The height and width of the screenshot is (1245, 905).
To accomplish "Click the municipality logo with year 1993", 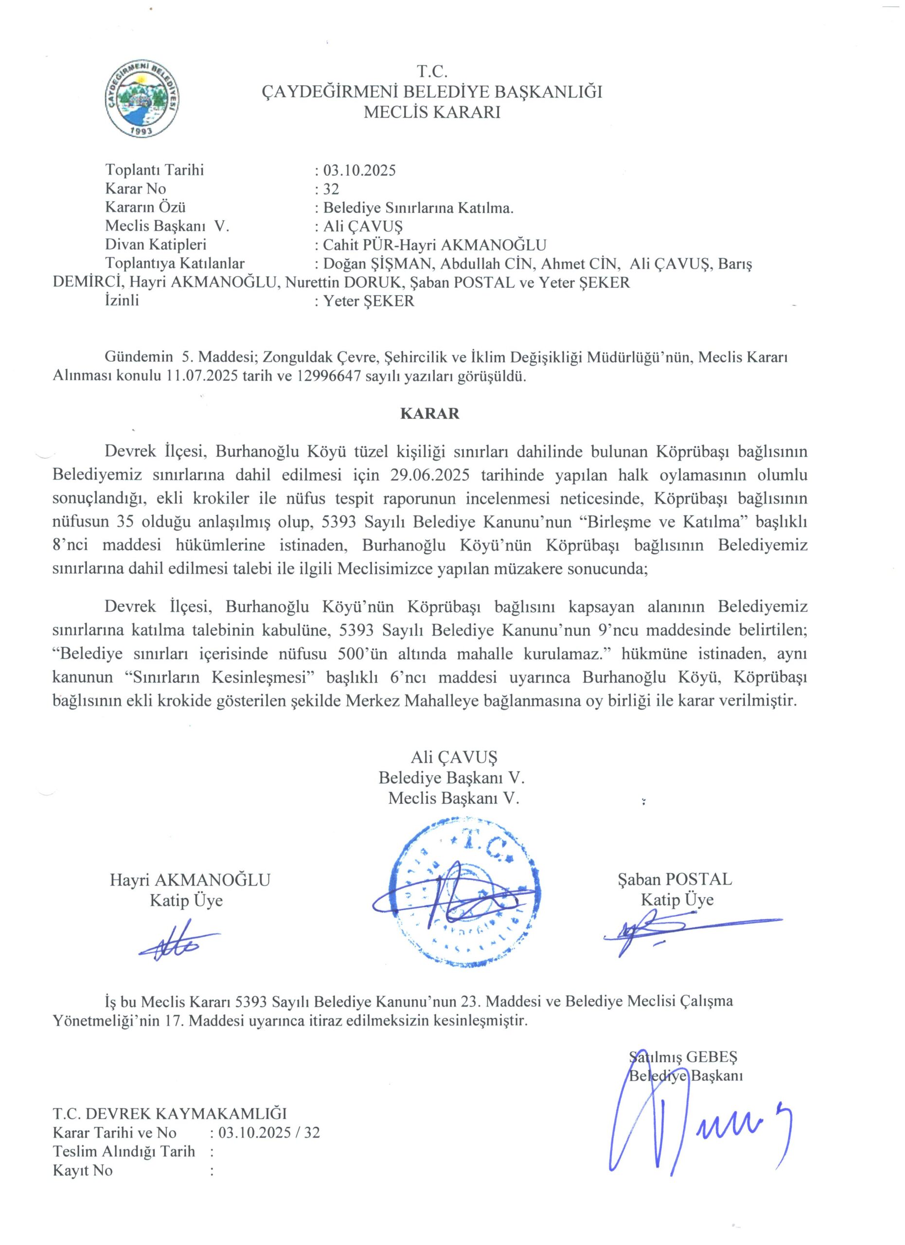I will pyautogui.click(x=142, y=100).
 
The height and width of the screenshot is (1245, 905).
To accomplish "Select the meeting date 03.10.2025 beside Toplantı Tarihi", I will pyautogui.click(x=359, y=170).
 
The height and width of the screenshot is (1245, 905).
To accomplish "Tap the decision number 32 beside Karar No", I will pyautogui.click(x=331, y=189).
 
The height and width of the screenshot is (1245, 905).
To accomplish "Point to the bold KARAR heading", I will pyautogui.click(x=430, y=413).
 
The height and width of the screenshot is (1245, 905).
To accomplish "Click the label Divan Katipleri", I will pyautogui.click(x=156, y=245).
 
